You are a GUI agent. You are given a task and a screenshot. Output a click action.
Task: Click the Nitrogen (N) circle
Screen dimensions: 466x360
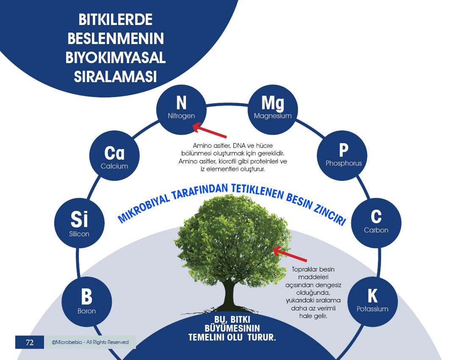pyautogui.click(x=181, y=110)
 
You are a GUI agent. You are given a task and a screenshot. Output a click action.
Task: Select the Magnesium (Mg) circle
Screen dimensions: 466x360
pyautogui.click(x=272, y=110)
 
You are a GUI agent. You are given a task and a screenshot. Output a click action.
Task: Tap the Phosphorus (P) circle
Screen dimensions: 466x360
pyautogui.click(x=342, y=155)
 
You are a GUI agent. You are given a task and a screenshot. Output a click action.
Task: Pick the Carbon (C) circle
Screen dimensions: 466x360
pyautogui.click(x=376, y=223)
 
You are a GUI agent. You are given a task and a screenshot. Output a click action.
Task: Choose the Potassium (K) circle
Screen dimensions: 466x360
pyautogui.click(x=372, y=302)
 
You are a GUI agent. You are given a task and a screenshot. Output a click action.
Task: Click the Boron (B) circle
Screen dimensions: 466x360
pyautogui.click(x=86, y=302)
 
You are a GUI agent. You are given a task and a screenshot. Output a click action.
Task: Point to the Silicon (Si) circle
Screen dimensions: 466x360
pyautogui.click(x=79, y=223)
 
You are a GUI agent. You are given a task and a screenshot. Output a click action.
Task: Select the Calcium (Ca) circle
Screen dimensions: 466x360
pyautogui.click(x=114, y=155)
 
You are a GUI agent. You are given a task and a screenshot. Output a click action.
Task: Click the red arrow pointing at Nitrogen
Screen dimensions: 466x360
pyautogui.click(x=210, y=130)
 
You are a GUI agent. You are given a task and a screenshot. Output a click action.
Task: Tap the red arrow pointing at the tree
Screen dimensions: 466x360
pyautogui.click(x=290, y=254)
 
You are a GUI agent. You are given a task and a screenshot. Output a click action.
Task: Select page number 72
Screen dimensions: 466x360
pyautogui.click(x=30, y=343)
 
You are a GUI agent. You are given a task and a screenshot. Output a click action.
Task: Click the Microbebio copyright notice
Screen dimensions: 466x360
pyautogui.click(x=90, y=342)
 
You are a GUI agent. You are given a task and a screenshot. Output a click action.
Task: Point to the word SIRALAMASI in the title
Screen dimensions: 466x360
pyautogui.click(x=115, y=77)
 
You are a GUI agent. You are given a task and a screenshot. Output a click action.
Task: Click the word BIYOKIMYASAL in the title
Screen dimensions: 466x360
pyautogui.click(x=115, y=58)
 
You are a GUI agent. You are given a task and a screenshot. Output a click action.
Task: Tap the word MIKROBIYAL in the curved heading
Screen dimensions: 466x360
pyautogui.click(x=144, y=208)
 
